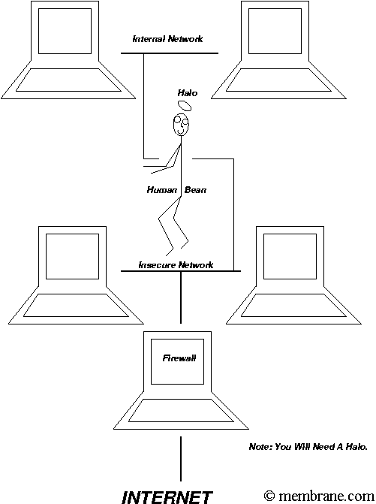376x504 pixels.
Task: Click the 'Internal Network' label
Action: tap(167, 39)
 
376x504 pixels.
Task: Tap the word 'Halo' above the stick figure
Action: tap(188, 93)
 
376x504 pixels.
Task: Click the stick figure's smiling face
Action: tap(181, 125)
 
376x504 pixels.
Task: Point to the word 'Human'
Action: tap(162, 190)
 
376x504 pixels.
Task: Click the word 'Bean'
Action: tap(195, 190)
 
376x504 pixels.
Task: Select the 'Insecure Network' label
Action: tap(176, 265)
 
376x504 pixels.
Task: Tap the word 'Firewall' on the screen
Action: tap(179, 358)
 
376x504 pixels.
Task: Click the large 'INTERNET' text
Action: tap(167, 497)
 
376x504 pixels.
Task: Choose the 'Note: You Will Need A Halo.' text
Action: tap(308, 446)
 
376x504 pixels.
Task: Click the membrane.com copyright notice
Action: tap(319, 496)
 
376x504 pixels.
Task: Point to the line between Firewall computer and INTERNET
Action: tap(181, 459)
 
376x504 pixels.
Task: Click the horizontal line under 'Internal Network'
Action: tap(170, 53)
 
